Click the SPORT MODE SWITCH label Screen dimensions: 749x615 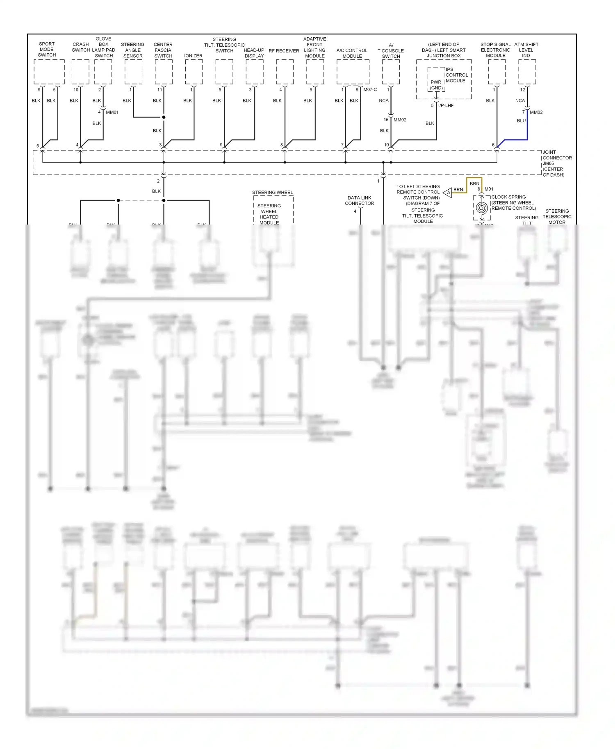click(x=47, y=49)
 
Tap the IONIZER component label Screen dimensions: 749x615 click(x=193, y=56)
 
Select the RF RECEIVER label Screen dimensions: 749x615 click(x=284, y=51)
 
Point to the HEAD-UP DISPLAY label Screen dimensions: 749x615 click(x=254, y=53)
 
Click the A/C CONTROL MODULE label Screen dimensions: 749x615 click(x=352, y=53)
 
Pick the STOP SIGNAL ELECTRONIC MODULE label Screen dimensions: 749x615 click(x=495, y=50)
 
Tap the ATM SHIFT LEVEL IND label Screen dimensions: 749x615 click(x=526, y=50)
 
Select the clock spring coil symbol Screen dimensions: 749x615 click(x=482, y=208)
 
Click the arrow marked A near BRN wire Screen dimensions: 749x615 click(x=448, y=192)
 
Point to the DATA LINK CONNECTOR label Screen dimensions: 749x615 click(x=360, y=200)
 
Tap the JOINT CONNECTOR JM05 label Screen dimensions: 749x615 click(x=556, y=163)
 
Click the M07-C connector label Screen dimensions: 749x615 click(x=370, y=90)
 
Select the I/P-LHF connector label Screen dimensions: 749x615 click(x=446, y=105)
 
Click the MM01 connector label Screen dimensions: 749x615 click(x=112, y=112)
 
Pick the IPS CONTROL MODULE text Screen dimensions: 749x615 click(x=456, y=75)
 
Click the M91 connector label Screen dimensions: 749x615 click(x=489, y=189)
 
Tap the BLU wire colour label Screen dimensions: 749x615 click(x=521, y=121)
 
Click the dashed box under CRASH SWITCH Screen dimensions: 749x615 click(x=80, y=72)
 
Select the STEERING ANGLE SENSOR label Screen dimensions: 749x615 click(x=133, y=50)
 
